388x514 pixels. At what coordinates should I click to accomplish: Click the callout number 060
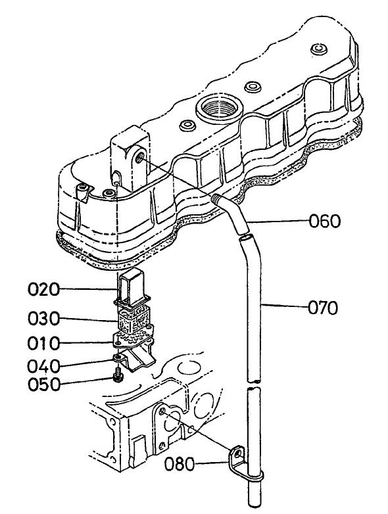pos(326,222)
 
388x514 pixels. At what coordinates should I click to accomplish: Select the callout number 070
pos(322,307)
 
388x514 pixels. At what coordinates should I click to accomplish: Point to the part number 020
pos(46,289)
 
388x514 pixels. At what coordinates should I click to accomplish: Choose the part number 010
pos(46,343)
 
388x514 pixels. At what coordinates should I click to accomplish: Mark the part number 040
pos(46,365)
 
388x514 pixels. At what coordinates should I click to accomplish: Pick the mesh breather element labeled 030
pos(133,320)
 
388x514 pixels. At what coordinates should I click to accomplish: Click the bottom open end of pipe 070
pos(252,503)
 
